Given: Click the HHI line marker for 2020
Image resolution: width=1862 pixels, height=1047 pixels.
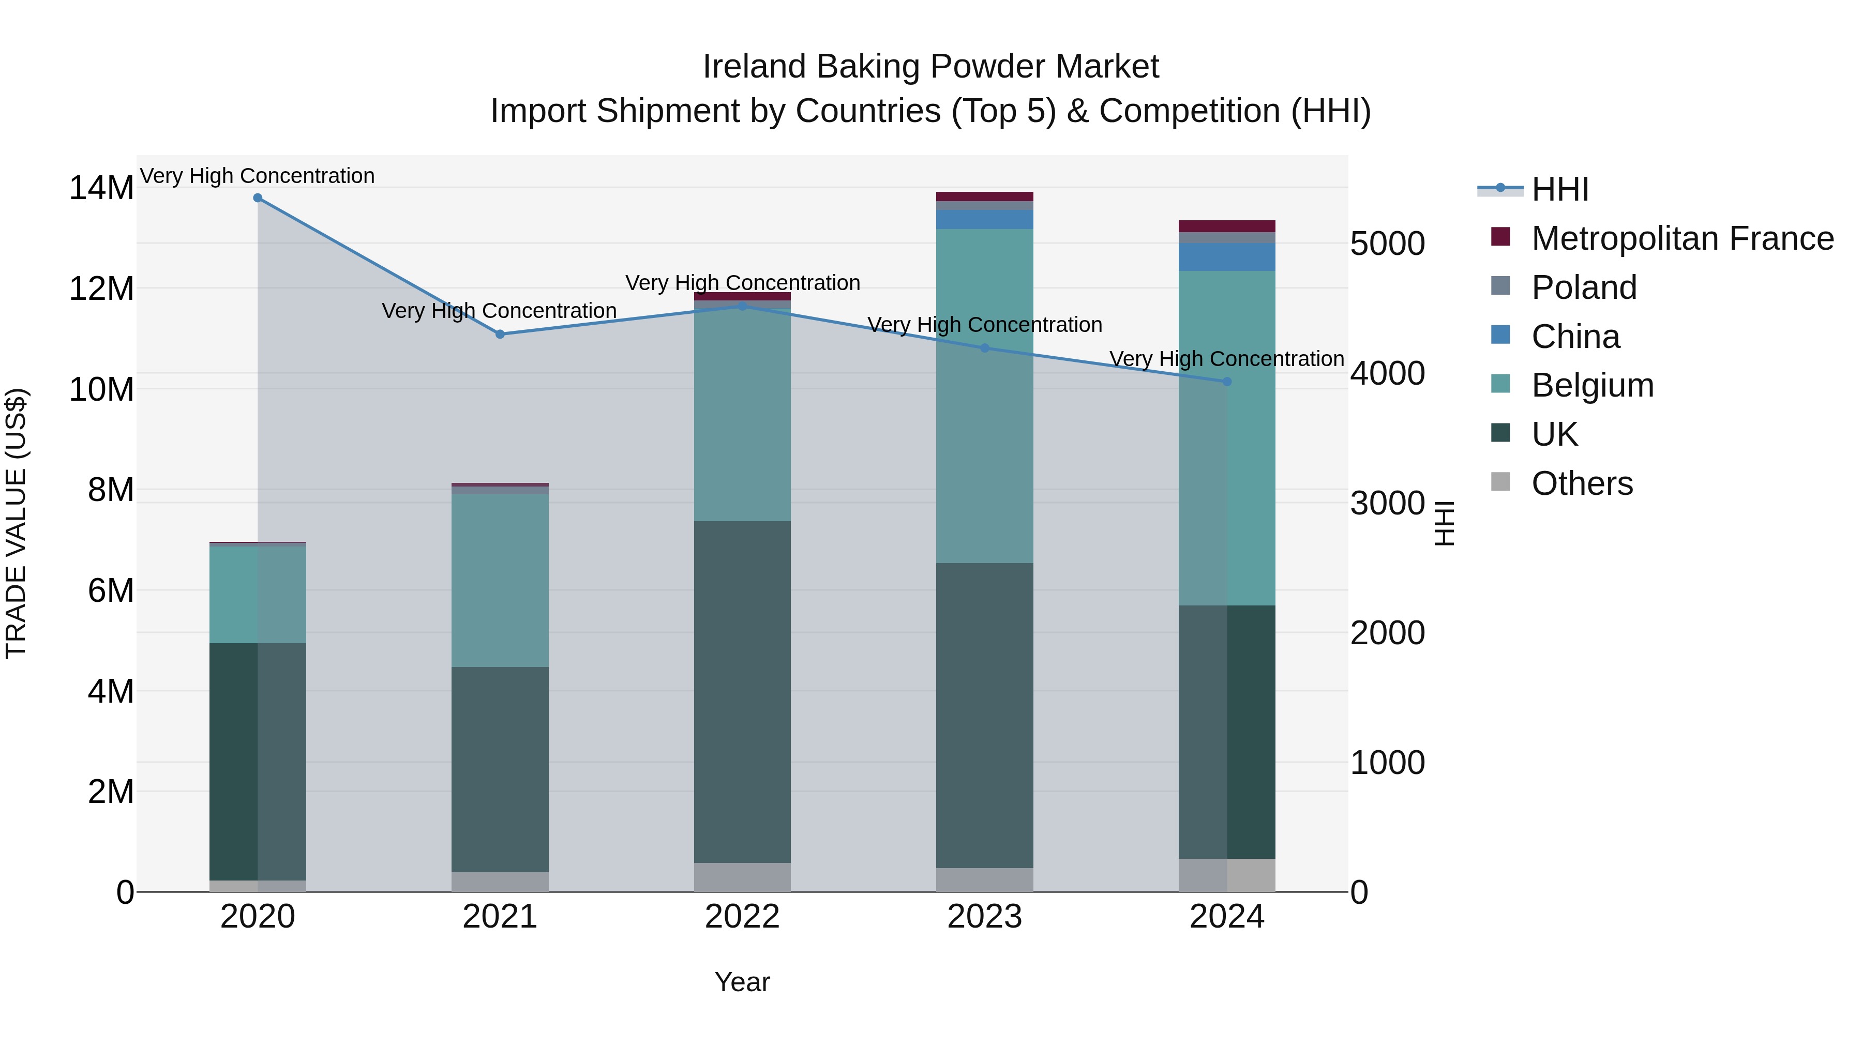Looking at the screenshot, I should click(258, 198).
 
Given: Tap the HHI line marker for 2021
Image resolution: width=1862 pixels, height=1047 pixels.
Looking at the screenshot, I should click(500, 334).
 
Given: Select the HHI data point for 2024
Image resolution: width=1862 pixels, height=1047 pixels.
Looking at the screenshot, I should click(1227, 382).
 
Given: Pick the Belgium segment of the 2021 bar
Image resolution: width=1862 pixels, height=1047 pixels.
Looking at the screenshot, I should click(500, 580).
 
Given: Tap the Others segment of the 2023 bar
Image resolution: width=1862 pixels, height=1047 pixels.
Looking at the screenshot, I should click(984, 879).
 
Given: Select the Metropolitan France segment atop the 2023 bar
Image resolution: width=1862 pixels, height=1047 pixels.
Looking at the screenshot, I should click(984, 196).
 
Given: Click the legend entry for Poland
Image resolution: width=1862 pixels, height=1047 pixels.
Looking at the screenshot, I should click(1583, 287).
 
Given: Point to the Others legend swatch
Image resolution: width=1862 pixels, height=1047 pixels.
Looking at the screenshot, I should click(1500, 482).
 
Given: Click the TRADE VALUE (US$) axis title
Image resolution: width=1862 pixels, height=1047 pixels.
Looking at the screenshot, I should click(16, 523).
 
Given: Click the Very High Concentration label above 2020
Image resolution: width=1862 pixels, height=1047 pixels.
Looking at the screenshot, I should click(258, 176).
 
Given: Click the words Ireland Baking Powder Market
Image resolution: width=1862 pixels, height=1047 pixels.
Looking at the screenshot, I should click(930, 67).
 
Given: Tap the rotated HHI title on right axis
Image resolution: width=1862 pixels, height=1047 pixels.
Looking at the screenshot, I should click(1444, 523).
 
